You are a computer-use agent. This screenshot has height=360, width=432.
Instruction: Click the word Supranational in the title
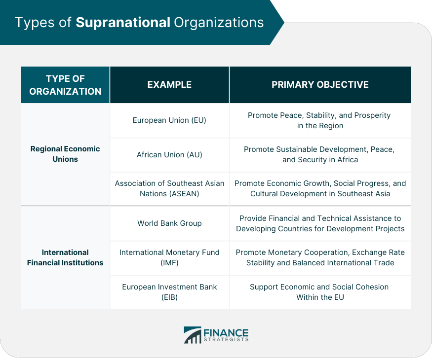tap(123, 23)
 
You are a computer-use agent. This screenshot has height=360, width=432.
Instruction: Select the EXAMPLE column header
tap(169, 84)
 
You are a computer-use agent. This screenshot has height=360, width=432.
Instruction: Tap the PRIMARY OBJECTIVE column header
tap(320, 84)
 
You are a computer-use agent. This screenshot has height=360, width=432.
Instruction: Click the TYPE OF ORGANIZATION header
tap(65, 85)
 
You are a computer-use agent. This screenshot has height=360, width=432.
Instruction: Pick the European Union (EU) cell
tap(169, 120)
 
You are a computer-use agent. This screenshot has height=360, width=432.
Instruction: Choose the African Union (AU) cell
tap(169, 155)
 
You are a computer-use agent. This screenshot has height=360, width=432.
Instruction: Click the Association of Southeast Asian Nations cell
tap(169, 188)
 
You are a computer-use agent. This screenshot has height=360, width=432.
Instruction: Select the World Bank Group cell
tap(169, 223)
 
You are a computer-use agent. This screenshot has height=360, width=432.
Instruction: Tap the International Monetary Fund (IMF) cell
tap(169, 257)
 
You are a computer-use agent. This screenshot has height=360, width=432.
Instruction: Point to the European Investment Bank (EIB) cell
tap(169, 292)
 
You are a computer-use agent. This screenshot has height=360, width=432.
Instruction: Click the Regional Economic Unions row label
tap(65, 154)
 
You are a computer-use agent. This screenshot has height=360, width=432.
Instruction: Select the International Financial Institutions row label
tap(65, 257)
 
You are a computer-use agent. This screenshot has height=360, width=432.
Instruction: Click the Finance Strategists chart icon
tap(193, 335)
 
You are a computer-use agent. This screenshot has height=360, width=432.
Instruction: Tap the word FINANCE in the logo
tap(226, 332)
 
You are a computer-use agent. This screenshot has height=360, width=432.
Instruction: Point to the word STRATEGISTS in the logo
tap(226, 340)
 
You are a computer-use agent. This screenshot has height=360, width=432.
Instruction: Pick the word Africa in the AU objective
tap(348, 160)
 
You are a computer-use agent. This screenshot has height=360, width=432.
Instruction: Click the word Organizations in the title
tap(219, 23)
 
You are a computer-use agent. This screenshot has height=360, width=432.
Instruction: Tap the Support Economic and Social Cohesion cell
tap(320, 292)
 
